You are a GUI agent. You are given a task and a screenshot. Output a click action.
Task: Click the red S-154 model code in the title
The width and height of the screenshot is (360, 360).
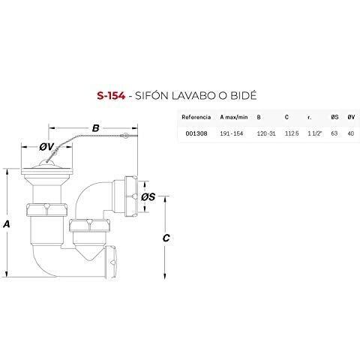click(x=111, y=96)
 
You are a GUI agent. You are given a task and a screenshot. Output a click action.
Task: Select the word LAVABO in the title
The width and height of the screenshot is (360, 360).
click(x=193, y=96)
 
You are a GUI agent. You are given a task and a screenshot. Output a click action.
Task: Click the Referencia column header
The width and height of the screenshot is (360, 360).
click(x=196, y=117)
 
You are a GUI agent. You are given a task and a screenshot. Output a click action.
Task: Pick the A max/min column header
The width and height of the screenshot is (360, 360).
click(x=234, y=117)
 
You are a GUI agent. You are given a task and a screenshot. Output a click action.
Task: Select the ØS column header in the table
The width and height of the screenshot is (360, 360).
click(x=334, y=117)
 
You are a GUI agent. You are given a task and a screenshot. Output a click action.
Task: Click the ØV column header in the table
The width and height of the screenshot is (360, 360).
click(x=351, y=117)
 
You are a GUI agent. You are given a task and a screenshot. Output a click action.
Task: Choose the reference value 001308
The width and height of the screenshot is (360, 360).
click(x=196, y=133)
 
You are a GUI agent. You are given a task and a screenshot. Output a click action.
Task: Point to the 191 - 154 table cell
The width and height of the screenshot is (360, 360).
click(x=232, y=133)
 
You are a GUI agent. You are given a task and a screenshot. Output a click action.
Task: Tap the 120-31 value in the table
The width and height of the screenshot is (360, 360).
click(x=266, y=133)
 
